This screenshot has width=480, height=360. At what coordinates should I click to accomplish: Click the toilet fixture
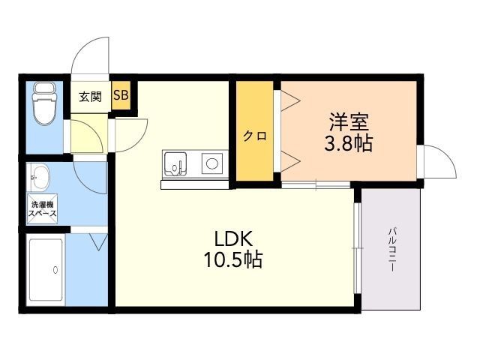[45, 103]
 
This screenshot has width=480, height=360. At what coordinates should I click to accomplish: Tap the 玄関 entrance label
[90, 97]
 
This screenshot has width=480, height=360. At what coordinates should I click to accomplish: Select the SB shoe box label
[121, 95]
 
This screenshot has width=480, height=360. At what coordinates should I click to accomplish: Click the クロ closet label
[255, 136]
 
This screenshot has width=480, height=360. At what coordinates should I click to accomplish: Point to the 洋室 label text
[349, 121]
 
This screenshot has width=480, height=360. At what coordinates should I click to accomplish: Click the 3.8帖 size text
[348, 143]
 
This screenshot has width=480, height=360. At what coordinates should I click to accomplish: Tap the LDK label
[233, 238]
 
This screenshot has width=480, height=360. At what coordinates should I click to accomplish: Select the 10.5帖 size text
[233, 259]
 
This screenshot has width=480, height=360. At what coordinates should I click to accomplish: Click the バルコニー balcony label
[391, 249]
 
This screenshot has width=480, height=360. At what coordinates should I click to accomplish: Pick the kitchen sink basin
[175, 164]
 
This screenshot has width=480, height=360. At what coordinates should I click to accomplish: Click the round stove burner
[211, 163]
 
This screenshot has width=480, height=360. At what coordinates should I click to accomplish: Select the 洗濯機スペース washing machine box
[42, 208]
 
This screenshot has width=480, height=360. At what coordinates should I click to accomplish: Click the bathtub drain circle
[55, 270]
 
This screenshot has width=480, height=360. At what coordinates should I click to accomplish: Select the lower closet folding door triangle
[290, 161]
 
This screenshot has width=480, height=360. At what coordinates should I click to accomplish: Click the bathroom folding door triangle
[98, 242]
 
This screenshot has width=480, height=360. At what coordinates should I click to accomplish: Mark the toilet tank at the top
[45, 88]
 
